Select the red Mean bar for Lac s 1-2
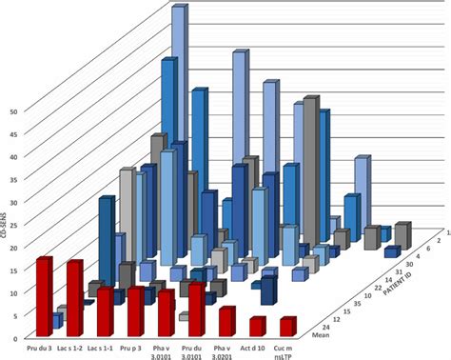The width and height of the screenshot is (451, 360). pyautogui.click(x=74, y=298)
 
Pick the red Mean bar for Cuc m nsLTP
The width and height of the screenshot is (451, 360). pyautogui.click(x=287, y=327)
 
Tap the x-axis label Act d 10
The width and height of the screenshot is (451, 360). pyautogui.click(x=255, y=347)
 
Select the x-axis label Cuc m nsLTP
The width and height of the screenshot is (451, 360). pyautogui.click(x=286, y=350)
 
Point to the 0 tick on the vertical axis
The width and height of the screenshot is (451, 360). pyautogui.click(x=15, y=338)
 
